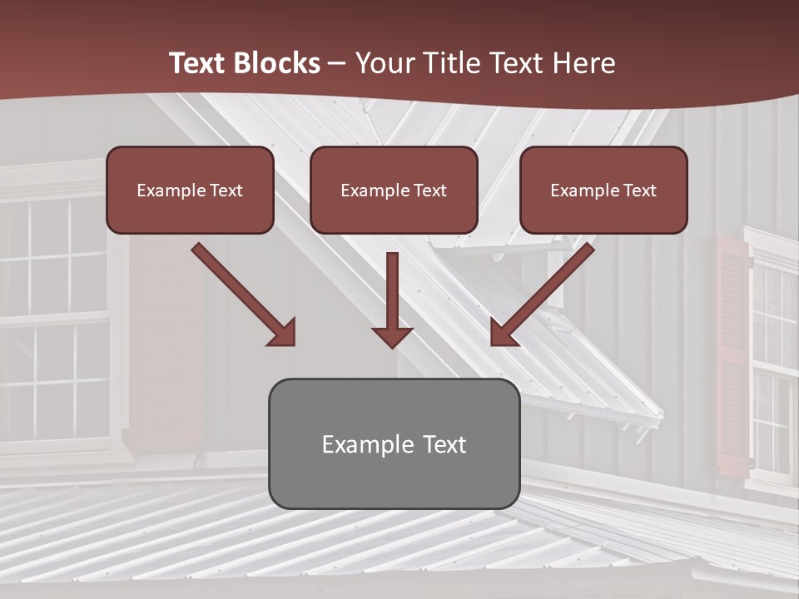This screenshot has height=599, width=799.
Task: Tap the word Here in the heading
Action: pyautogui.click(x=581, y=63)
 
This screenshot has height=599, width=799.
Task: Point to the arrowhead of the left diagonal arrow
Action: pyautogui.click(x=283, y=333)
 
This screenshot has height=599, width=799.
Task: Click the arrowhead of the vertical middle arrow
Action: pyautogui.click(x=392, y=338)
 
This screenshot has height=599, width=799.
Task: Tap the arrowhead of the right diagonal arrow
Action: pyautogui.click(x=503, y=333)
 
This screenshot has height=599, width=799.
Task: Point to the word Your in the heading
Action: pyautogui.click(x=384, y=63)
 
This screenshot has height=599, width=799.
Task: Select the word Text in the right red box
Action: pyautogui.click(x=639, y=191)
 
